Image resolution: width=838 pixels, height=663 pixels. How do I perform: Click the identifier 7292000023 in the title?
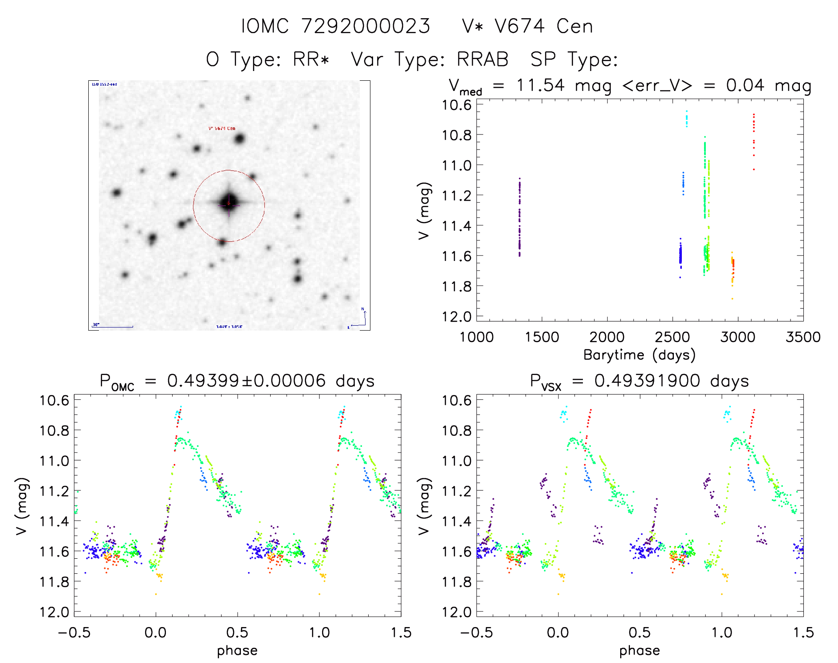pos(366,26)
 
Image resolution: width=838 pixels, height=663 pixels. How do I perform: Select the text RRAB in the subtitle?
pos(483,59)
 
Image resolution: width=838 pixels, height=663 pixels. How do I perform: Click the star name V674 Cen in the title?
pos(543,26)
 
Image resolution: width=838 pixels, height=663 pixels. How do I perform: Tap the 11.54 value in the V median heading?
pos(540,85)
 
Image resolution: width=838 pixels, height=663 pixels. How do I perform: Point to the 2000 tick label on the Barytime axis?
pos(606,337)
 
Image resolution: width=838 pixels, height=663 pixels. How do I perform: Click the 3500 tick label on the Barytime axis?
pos(803,337)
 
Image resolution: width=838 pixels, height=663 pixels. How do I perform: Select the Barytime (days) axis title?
pos(639,355)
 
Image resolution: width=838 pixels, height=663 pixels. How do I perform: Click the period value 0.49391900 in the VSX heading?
pos(647,381)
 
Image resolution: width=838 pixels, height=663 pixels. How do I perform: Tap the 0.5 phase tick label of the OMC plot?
pos(237,632)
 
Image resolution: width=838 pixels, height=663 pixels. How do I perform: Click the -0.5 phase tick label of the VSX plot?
pos(476,632)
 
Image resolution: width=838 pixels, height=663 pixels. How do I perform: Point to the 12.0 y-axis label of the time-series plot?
pos(456,316)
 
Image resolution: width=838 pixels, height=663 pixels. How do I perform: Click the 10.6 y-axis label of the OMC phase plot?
pos(54,401)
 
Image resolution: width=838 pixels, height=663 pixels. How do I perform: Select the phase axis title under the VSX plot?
pos(639,651)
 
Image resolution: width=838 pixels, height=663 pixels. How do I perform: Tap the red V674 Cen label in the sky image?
pos(222,129)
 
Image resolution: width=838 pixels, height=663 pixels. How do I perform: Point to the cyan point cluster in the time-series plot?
pos(686,119)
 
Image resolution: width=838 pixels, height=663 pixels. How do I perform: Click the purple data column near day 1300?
pos(519,217)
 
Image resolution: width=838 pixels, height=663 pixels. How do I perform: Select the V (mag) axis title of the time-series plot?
pos(424,211)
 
